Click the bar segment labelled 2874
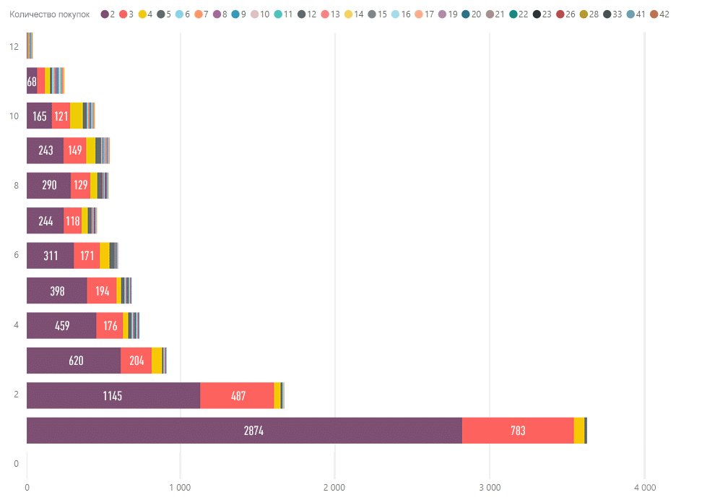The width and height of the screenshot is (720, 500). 244,431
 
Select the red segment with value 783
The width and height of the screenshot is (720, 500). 517,431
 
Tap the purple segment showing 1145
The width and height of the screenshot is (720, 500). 113,395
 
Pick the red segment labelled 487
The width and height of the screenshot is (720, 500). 237,395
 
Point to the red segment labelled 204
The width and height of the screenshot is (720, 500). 136,361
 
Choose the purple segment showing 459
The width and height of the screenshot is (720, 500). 61,325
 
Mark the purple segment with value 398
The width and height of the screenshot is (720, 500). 56,290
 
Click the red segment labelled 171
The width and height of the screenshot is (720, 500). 87,256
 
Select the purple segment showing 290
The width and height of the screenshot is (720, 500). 48,185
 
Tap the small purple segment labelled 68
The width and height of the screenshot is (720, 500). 32,81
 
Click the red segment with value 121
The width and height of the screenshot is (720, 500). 61,116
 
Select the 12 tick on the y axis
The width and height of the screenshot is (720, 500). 14,46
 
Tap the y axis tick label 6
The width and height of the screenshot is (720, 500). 16,255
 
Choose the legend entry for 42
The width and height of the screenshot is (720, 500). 659,14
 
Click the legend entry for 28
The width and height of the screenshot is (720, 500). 589,14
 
